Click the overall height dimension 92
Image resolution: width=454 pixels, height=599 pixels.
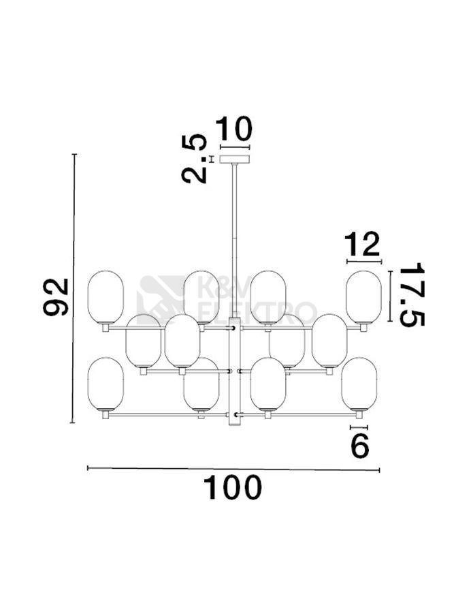point(56,297)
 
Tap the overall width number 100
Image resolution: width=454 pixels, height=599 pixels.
point(232,488)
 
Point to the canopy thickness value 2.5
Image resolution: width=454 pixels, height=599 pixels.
point(195,159)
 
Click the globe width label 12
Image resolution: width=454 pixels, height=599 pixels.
point(362,245)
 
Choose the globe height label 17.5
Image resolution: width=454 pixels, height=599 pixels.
point(412,294)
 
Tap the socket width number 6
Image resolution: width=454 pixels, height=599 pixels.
point(360,446)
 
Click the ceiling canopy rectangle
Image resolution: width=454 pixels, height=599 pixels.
point(235,159)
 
